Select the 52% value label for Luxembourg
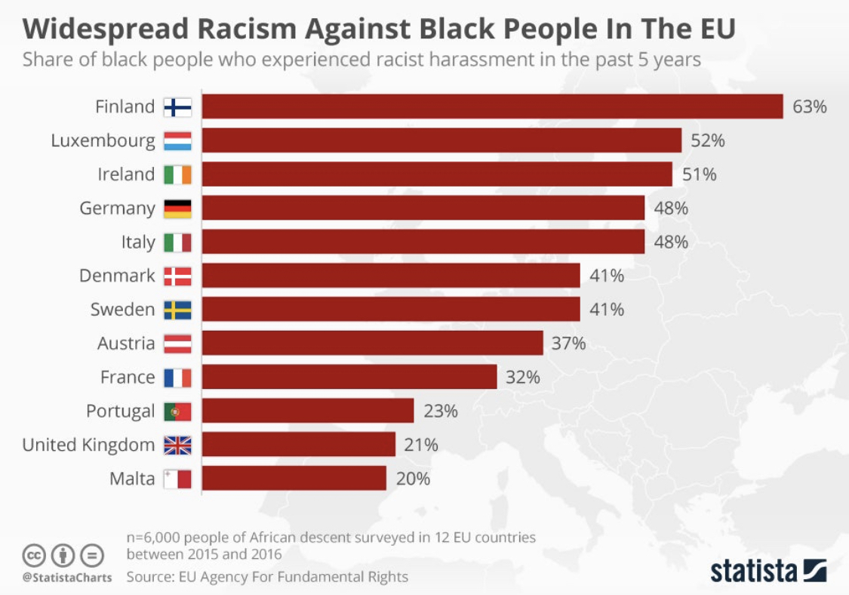point(706,140)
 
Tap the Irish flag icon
point(178,174)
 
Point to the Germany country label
point(117,208)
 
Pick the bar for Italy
point(423,242)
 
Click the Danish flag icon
point(178,276)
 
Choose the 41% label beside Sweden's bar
point(607,310)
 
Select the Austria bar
point(372,343)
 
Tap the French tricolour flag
point(178,378)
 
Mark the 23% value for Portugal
point(440,412)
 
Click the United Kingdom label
point(88,445)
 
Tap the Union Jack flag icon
point(178,445)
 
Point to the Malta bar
point(294,479)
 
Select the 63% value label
point(809,106)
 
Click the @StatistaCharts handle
point(66,578)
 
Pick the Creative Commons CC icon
point(34,556)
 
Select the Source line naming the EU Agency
point(267,577)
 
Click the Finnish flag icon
point(178,107)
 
